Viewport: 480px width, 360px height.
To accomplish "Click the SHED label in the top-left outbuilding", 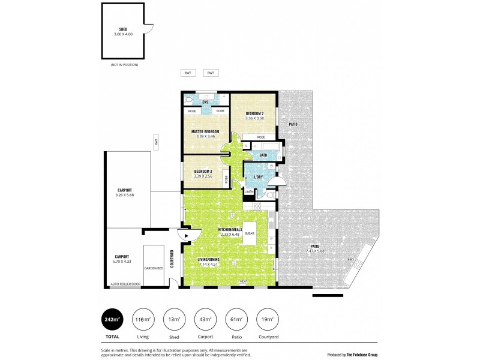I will pyautogui.click(x=122, y=29).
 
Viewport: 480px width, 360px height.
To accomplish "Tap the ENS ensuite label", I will pyautogui.click(x=205, y=102).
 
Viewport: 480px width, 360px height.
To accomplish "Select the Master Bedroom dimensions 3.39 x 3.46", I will pyautogui.click(x=205, y=136).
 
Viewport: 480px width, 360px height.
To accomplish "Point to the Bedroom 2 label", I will pyautogui.click(x=254, y=113).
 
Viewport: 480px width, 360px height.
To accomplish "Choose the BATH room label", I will pyautogui.click(x=263, y=155).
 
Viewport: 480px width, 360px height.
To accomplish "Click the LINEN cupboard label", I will pyautogui.click(x=249, y=192).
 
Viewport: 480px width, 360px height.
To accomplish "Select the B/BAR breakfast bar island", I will pyautogui.click(x=250, y=233).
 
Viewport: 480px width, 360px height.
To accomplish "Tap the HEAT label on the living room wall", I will pyautogui.click(x=244, y=281).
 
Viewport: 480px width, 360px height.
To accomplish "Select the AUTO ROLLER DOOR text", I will pyautogui.click(x=125, y=284).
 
